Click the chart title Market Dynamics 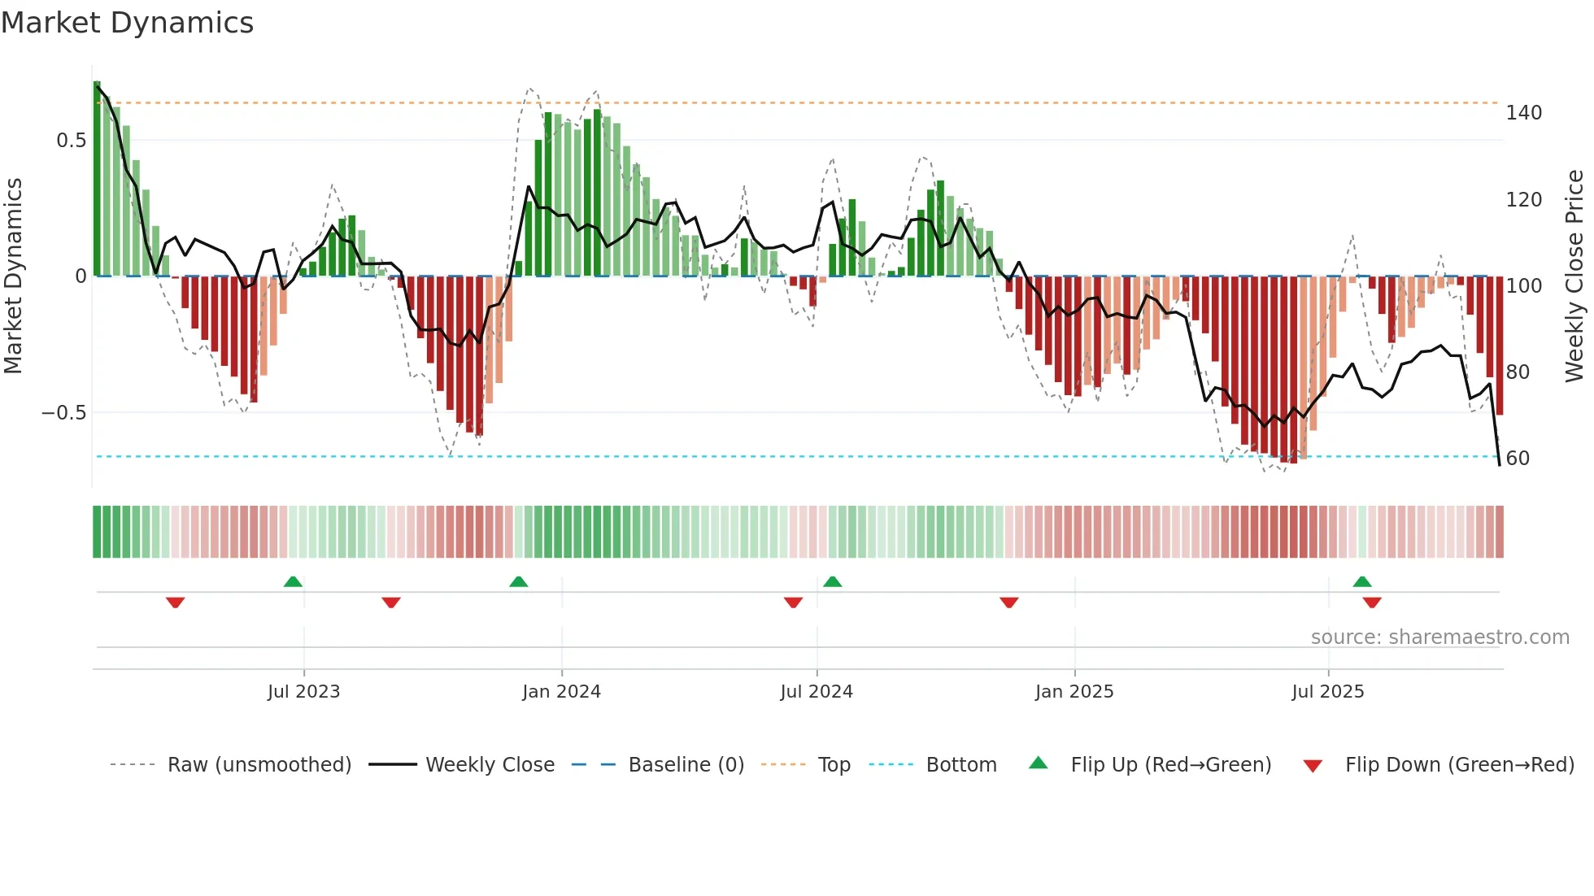pyautogui.click(x=128, y=23)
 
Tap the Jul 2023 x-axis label pyautogui.click(x=303, y=692)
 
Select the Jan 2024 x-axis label pyautogui.click(x=561, y=692)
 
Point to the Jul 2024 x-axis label pyautogui.click(x=817, y=692)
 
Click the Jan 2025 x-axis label pyautogui.click(x=1074, y=692)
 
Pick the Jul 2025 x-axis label pyautogui.click(x=1328, y=692)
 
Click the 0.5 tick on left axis pyautogui.click(x=71, y=141)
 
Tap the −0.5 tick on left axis pyautogui.click(x=64, y=413)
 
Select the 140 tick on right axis pyautogui.click(x=1523, y=113)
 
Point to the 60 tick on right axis pyautogui.click(x=1518, y=459)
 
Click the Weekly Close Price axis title pyautogui.click(x=1575, y=276)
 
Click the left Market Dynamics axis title pyautogui.click(x=13, y=276)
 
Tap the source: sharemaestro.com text pyautogui.click(x=1439, y=637)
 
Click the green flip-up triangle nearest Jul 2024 pyautogui.click(x=832, y=581)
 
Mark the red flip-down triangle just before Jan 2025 pyautogui.click(x=1009, y=602)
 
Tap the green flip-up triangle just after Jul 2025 pyautogui.click(x=1362, y=581)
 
